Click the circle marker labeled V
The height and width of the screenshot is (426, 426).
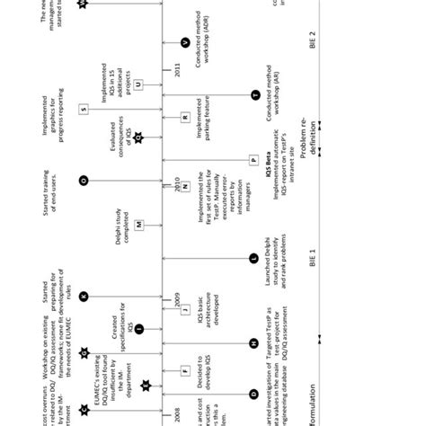[x=184, y=42]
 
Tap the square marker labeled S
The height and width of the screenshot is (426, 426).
[x=84, y=109]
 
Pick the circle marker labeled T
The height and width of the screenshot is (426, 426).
[x=255, y=94]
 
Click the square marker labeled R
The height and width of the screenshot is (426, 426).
[x=184, y=117]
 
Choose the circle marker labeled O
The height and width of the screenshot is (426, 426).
[x=84, y=181]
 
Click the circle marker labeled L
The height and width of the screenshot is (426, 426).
[x=254, y=258]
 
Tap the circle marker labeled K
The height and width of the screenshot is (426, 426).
[x=84, y=296]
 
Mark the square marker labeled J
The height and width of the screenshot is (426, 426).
[x=184, y=310]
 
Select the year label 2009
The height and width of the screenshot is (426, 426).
[x=175, y=303]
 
